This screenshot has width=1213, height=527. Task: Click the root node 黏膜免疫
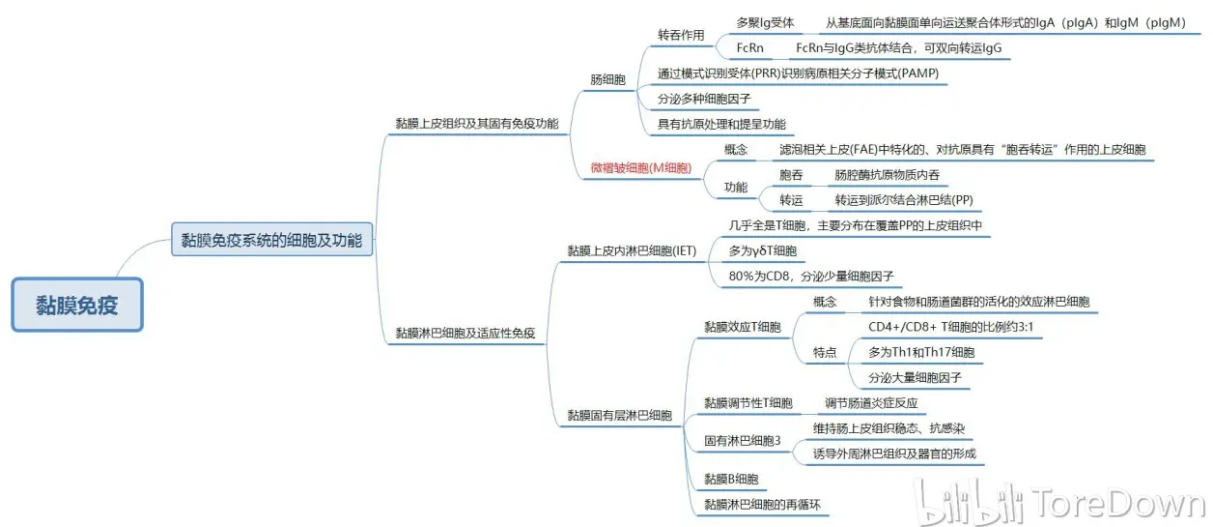coord(77,305)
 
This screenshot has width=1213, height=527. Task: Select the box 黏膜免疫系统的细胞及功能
coord(271,239)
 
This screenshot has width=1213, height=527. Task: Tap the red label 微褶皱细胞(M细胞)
coord(640,168)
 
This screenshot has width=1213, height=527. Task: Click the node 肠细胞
coord(607,79)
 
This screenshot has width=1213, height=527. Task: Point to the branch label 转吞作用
coord(681,35)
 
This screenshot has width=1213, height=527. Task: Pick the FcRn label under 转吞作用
coord(750,47)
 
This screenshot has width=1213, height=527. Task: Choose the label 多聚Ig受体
coord(765,23)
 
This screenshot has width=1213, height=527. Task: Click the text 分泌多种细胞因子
coord(704,99)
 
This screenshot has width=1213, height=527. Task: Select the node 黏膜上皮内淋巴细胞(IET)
coord(632,250)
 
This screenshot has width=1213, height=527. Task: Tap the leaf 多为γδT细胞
coord(762,250)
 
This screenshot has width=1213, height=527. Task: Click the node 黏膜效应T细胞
coord(742,327)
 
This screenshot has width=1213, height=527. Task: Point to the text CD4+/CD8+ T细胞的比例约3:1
coord(951,327)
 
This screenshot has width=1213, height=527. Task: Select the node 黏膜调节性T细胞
coord(748,403)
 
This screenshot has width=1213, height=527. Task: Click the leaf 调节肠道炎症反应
coord(871,403)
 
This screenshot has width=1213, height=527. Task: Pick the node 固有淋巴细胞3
coord(742,440)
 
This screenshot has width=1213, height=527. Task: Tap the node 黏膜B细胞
coord(730,479)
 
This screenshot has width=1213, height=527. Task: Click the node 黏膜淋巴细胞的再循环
coord(762,504)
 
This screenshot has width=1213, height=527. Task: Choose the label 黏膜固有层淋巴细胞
coord(619,415)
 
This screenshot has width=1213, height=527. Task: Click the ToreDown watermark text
coord(1118,502)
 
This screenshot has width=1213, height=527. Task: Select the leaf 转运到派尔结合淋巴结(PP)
coord(903,199)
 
